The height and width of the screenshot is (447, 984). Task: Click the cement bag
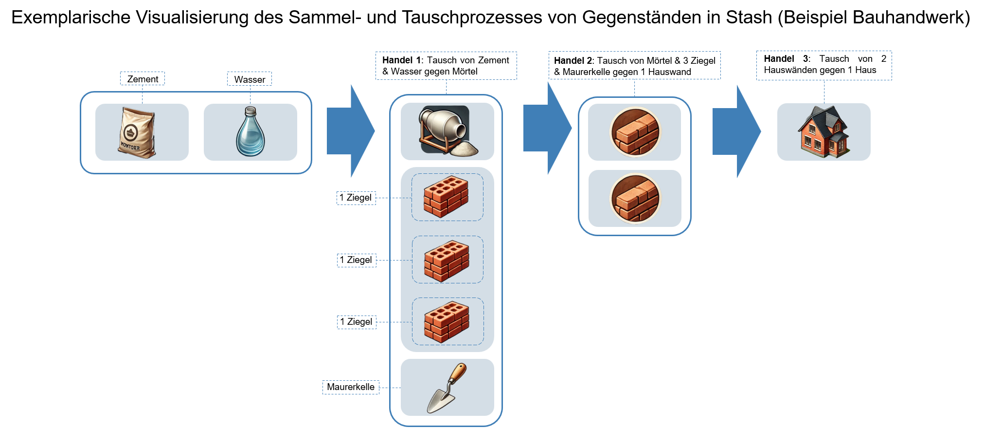(137, 132)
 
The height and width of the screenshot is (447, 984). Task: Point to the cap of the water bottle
(250, 111)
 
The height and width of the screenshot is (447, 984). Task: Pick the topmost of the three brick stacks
(446, 196)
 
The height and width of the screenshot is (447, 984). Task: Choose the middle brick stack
(447, 261)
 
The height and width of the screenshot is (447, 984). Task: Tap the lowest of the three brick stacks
(447, 321)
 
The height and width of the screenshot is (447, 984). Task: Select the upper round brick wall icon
(635, 132)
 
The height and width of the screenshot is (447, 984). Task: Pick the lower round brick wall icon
(635, 198)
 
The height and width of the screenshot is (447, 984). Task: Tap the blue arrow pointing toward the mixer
(351, 130)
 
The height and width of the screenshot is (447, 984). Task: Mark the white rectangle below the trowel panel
(447, 437)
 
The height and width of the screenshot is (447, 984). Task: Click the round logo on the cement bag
(130, 132)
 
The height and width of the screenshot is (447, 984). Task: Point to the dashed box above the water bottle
(250, 78)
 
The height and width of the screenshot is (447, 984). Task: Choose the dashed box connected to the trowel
(351, 388)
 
